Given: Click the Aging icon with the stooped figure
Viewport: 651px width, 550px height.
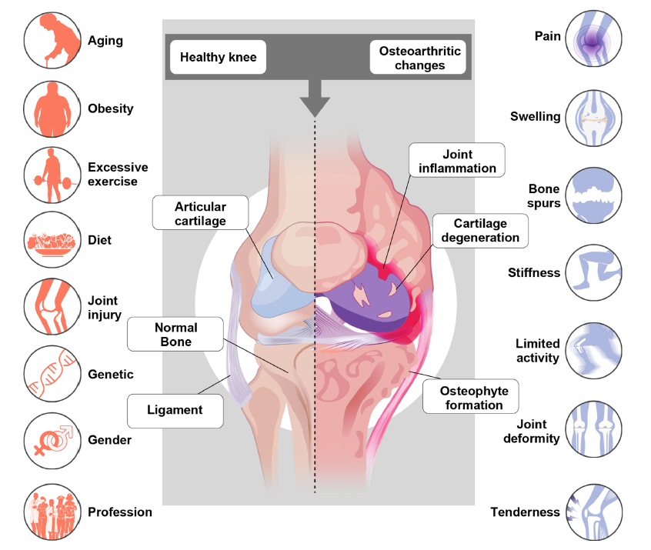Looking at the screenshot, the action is (52, 40).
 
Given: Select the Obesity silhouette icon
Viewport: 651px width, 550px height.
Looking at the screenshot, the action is (52, 108).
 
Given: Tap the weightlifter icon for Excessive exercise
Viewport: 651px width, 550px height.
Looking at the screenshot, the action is (52, 175).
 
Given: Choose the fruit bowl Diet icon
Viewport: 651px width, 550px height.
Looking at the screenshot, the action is (52, 240).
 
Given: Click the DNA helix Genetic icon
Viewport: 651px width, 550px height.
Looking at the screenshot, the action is (52, 374).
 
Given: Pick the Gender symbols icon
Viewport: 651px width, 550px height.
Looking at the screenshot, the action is (52, 441).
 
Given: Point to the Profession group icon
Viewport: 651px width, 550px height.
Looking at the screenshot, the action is (52, 512).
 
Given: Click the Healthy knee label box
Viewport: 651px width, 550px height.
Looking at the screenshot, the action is (218, 57).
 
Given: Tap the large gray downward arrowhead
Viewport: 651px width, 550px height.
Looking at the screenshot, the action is (315, 106).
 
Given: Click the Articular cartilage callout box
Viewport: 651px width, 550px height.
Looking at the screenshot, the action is (201, 212).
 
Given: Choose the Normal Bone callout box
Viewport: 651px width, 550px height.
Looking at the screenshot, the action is (175, 334).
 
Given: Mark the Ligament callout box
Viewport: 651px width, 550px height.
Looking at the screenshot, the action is (175, 411).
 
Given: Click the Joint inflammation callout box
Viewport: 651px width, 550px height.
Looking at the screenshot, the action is (457, 160).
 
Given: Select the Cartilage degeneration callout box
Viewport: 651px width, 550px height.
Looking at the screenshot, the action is (480, 231).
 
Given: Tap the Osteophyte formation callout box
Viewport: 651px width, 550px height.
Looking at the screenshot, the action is (471, 396).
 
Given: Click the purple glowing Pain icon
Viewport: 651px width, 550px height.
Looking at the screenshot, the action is (594, 38).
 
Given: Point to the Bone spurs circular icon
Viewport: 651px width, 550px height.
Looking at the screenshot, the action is (594, 195).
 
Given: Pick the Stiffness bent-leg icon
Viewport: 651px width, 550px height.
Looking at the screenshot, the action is (594, 272).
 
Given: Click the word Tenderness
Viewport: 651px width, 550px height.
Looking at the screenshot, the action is (526, 512).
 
